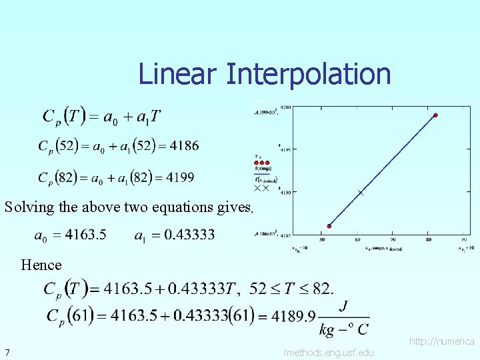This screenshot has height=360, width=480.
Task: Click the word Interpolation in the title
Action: pyautogui.click(x=308, y=74)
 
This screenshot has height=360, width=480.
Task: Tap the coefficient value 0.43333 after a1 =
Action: pyautogui.click(x=190, y=235)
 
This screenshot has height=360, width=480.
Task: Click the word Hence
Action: pyautogui.click(x=41, y=265)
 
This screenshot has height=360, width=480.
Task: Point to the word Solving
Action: pyautogui.click(x=29, y=207)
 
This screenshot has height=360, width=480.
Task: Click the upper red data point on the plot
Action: pyautogui.click(x=435, y=115)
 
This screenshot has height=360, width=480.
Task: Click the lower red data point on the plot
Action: pyautogui.click(x=329, y=227)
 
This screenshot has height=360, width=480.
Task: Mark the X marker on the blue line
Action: pyautogui.click(x=361, y=193)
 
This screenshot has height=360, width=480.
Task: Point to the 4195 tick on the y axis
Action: pyautogui.click(x=285, y=149)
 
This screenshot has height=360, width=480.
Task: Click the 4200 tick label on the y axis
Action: pyautogui.click(x=285, y=107)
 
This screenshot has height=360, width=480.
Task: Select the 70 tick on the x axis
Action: pyautogui.click(x=393, y=239)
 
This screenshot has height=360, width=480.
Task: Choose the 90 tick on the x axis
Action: pyautogui.click(x=463, y=239)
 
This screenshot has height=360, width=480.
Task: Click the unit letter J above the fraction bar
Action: pyautogui.click(x=343, y=305)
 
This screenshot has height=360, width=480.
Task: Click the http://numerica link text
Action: pyautogui.click(x=442, y=341)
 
